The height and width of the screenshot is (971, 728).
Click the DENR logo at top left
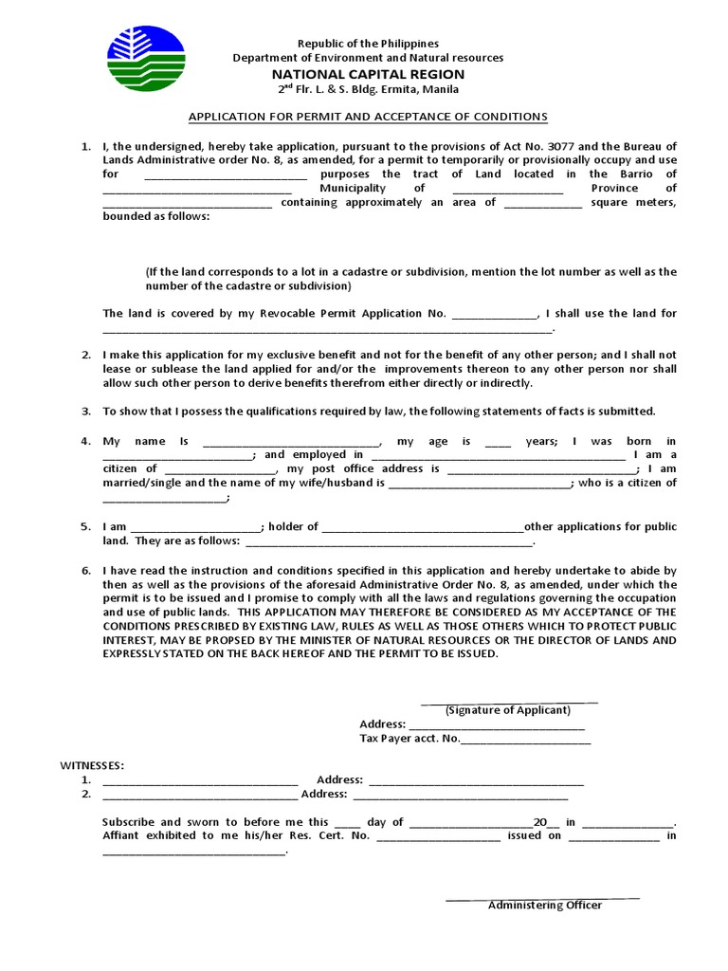pos(147,59)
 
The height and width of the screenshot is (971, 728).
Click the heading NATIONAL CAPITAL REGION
pos(369,74)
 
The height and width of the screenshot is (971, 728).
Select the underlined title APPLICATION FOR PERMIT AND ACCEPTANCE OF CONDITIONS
pos(368,117)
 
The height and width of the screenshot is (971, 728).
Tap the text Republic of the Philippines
pos(369,44)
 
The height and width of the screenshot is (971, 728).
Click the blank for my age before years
pos(498,443)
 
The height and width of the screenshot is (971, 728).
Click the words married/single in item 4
pos(143,484)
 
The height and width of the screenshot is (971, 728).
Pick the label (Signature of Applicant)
pos(508,710)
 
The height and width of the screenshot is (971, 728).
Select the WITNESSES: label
pos(92,765)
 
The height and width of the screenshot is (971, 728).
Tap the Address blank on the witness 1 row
pos(476,781)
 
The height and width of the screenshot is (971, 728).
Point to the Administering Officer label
pos(545,906)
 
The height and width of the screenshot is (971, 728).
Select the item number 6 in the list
pos(85,571)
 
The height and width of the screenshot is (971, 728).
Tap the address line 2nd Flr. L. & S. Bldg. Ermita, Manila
pos(368,90)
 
